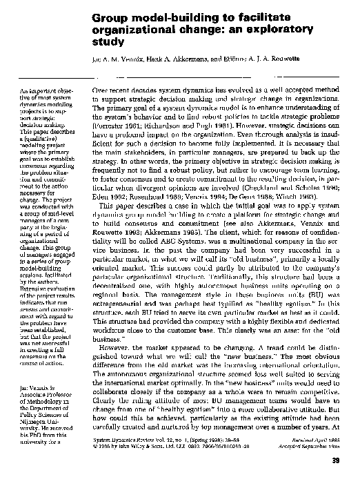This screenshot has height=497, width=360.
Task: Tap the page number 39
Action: (x=348, y=480)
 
